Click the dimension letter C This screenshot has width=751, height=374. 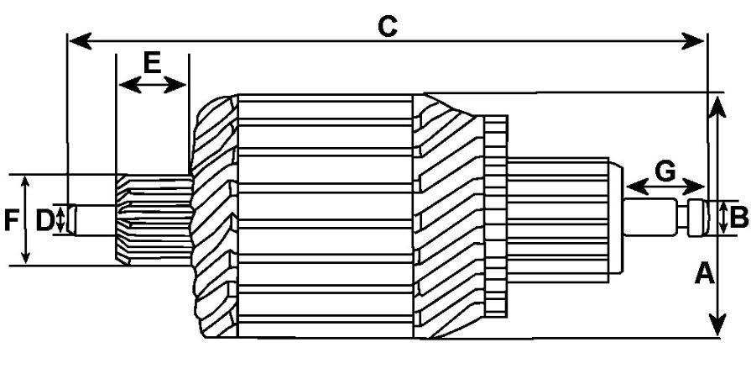tap(388, 26)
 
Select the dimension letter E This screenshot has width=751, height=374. tap(153, 63)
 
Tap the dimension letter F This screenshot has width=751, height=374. tap(12, 221)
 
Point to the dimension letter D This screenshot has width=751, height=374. tap(44, 221)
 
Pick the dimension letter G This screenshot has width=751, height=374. tap(665, 172)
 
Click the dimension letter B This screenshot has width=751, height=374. tap(738, 219)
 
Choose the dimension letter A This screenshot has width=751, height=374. tap(705, 275)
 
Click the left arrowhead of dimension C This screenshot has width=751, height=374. tap(81, 41)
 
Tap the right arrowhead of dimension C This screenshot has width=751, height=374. tap(693, 41)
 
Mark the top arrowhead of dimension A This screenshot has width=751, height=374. tap(717, 107)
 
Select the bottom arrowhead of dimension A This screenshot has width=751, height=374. tap(717, 324)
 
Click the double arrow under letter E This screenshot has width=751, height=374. tap(153, 86)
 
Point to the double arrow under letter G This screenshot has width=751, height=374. tap(665, 187)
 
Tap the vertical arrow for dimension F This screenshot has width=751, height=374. tap(26, 219)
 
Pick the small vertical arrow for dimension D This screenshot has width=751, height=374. tap(60, 219)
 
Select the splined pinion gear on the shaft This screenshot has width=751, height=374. tap(154, 219)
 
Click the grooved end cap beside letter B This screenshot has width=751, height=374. tap(698, 219)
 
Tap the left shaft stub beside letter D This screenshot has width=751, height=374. tap(93, 220)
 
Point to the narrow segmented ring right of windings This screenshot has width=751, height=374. tap(496, 216)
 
